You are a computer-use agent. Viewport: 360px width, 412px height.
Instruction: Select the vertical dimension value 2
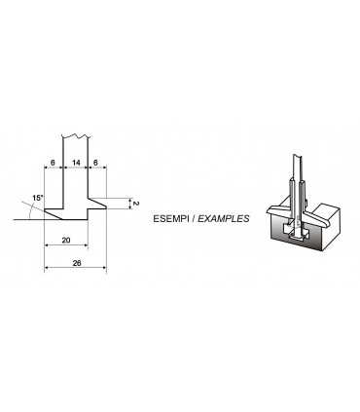point(137,205)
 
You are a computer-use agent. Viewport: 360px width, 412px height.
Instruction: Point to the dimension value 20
point(65,239)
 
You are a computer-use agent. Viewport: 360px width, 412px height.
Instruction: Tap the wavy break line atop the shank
point(76,132)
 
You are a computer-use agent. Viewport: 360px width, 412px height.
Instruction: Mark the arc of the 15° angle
point(27,209)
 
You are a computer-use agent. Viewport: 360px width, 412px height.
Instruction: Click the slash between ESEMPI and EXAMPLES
point(198,219)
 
